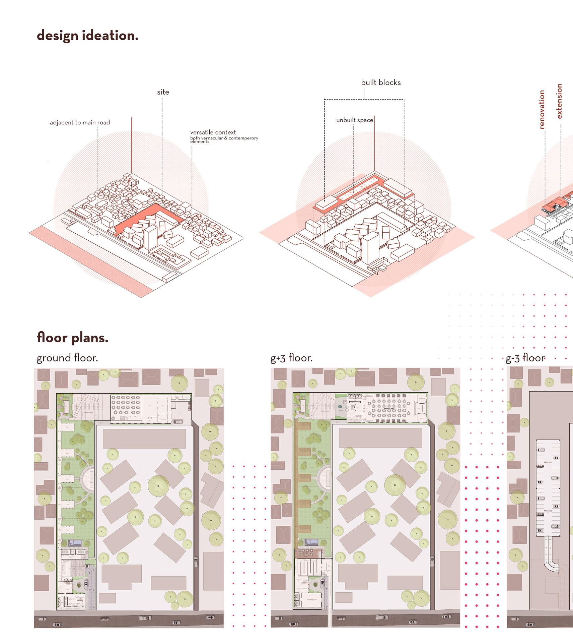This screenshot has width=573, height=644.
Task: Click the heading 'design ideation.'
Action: (87, 36)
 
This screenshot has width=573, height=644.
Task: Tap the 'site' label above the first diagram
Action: (163, 92)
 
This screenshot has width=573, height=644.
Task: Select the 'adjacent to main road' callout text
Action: (80, 123)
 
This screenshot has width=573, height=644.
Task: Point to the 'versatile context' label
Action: (213, 132)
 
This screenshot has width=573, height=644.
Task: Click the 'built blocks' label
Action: (381, 83)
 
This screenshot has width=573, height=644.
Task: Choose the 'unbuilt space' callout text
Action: (355, 120)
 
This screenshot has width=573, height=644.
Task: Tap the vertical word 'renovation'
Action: (542, 109)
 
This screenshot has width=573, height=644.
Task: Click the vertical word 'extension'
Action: (559, 101)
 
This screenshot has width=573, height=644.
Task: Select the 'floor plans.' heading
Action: (72, 338)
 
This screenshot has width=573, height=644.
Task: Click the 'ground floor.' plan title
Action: (67, 358)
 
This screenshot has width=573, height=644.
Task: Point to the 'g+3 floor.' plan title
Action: (291, 358)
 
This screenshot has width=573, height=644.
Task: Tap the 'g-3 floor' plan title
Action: (525, 358)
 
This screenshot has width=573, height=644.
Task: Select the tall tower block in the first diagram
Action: (150, 236)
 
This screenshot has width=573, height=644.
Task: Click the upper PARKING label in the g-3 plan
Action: (548, 462)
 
